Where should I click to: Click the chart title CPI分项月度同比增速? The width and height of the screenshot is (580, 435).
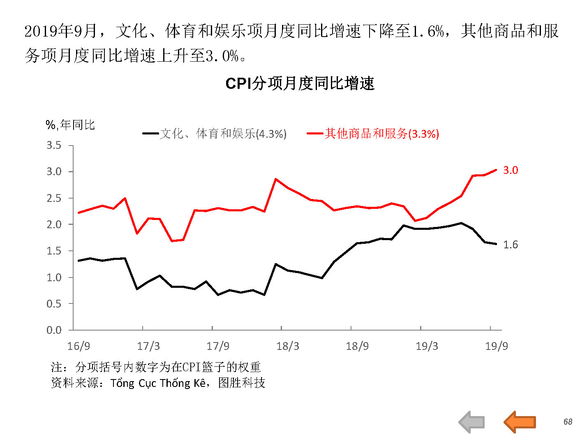(300, 83)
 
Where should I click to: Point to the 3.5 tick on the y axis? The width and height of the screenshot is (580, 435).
(54, 145)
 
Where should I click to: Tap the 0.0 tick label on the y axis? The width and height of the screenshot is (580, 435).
(54, 330)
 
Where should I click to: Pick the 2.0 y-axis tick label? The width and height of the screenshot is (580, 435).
(54, 224)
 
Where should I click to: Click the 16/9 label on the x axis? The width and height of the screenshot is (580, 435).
(79, 346)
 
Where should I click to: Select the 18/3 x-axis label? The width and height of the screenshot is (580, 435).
(287, 346)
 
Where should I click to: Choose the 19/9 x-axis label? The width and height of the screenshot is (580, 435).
(496, 346)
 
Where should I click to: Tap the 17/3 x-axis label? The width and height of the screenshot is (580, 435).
(148, 346)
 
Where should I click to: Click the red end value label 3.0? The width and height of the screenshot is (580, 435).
(511, 170)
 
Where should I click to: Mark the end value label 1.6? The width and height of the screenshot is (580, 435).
(511, 245)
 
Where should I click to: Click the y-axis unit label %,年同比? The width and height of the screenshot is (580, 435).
(70, 125)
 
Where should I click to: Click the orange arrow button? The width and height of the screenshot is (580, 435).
(520, 422)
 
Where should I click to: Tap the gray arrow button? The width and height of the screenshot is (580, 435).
(471, 422)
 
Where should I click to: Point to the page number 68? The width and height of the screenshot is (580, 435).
(568, 422)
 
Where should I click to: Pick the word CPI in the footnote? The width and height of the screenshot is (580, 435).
(192, 367)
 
